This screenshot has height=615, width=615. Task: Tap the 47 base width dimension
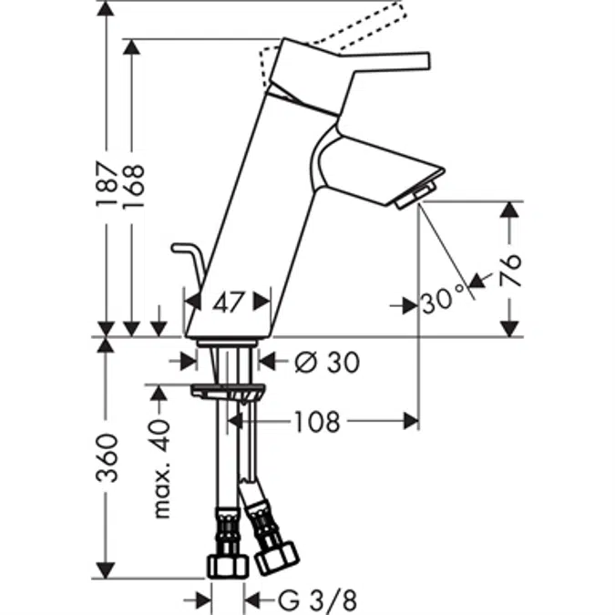[x=228, y=302]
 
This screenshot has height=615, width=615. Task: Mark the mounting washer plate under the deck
[x=228, y=391]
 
